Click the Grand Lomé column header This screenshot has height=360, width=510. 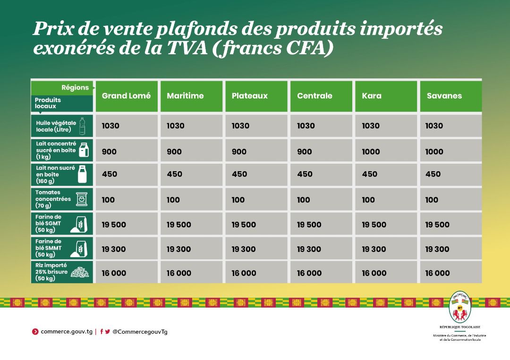click(x=126, y=96)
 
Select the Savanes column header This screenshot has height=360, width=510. click(x=444, y=96)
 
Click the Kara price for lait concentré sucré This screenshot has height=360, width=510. click(x=371, y=151)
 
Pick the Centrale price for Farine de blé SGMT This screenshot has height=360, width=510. click(x=309, y=225)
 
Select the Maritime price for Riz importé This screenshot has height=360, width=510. click(x=179, y=273)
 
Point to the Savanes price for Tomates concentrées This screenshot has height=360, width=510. click(x=432, y=200)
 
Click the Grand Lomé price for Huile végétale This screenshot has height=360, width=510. click(x=110, y=126)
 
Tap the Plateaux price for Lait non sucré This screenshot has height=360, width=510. click(x=239, y=174)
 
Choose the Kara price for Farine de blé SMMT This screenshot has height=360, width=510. click(x=374, y=249)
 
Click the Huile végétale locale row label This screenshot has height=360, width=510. click(x=56, y=126)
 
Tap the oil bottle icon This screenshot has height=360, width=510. click(x=83, y=126)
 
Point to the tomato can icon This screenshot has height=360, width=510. click(x=82, y=200)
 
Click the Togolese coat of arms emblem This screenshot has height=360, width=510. click(x=459, y=307)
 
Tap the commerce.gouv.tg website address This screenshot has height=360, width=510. click(x=67, y=332)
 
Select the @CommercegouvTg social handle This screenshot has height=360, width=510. click(x=140, y=332)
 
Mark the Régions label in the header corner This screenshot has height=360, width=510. click(x=75, y=87)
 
